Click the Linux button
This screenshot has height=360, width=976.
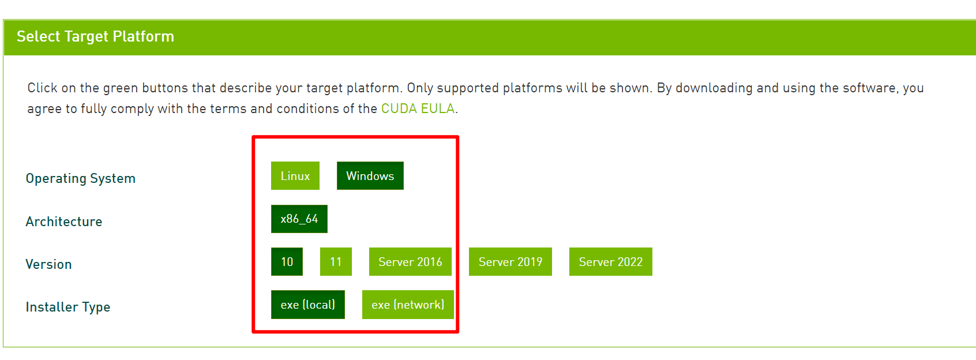pos(295,176)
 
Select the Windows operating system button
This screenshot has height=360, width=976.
pos(370,176)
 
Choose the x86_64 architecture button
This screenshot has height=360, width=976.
pos(299,219)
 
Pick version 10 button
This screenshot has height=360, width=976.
pos(287,262)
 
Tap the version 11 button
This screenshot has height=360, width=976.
pos(336,262)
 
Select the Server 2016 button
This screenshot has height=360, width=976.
pos(410,262)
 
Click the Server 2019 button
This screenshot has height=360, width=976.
pos(510,262)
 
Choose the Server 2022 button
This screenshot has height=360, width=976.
pos(610,262)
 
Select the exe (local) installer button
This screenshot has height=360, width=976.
pos(307,305)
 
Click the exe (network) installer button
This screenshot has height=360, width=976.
pos(407,305)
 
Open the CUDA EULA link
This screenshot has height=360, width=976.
pos(418,108)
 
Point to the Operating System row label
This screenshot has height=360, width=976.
pos(81,178)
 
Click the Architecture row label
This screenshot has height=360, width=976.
pos(64,222)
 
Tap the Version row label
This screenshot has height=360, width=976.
pos(48,264)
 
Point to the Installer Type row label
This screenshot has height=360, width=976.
pos(67,307)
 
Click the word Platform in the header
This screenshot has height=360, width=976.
pos(143,36)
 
